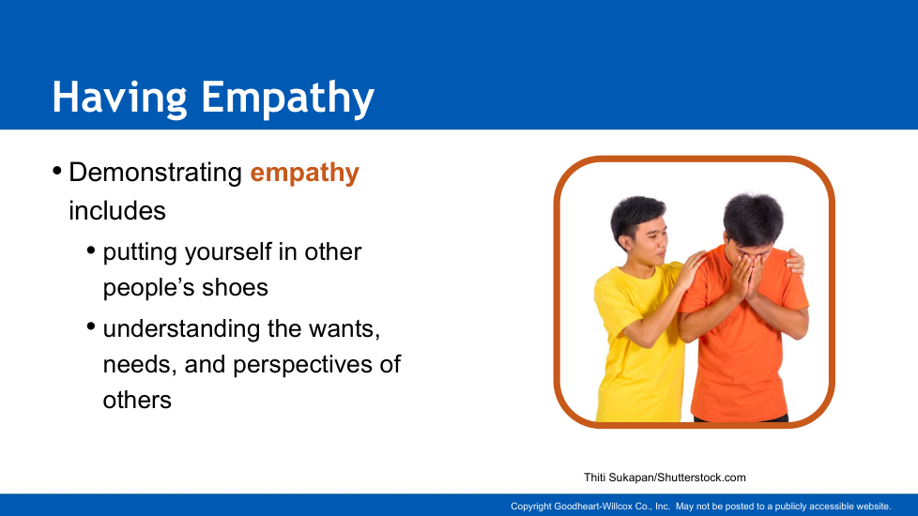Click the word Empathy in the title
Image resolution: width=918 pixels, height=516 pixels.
pyautogui.click(x=287, y=99)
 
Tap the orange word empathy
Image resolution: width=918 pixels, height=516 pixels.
pyautogui.click(x=304, y=174)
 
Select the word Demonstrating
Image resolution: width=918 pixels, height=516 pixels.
pyautogui.click(x=155, y=174)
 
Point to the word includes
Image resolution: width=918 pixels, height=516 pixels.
pyautogui.click(x=117, y=210)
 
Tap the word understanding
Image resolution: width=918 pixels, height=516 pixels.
pyautogui.click(x=181, y=328)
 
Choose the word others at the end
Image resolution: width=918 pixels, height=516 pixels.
pyautogui.click(x=137, y=401)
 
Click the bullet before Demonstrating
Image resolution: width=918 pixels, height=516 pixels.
pyautogui.click(x=57, y=171)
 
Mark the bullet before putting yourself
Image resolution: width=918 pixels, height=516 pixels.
pyautogui.click(x=91, y=250)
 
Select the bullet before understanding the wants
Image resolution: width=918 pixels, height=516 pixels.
pyautogui.click(x=91, y=326)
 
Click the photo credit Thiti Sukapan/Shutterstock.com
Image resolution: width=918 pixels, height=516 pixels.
pyautogui.click(x=665, y=478)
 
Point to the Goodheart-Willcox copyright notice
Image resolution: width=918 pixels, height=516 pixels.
pyautogui.click(x=701, y=507)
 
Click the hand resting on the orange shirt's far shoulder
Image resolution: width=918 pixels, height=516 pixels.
pyautogui.click(x=795, y=262)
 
